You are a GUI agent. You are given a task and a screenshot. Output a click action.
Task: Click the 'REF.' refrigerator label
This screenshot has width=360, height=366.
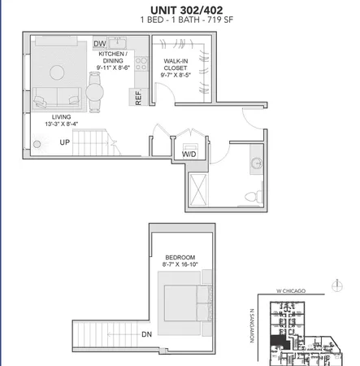139,98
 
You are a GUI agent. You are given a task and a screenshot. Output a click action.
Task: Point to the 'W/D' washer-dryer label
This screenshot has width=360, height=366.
189,153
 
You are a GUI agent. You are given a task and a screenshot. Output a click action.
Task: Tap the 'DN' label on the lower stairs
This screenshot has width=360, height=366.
145,334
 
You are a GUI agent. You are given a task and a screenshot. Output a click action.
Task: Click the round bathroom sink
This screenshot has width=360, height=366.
257,162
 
